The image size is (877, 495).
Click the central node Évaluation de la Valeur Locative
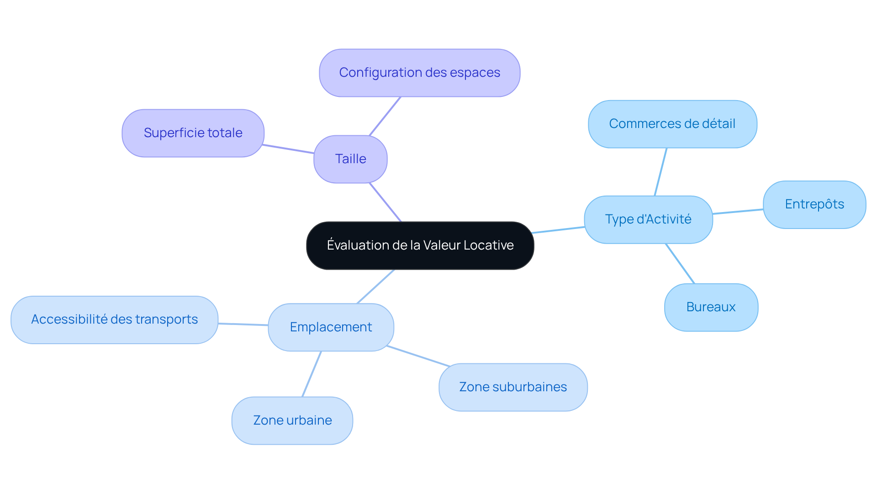[420, 245]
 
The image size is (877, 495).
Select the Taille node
[350, 159]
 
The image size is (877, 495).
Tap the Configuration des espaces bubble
[419, 73]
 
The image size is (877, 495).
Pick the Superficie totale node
[193, 133]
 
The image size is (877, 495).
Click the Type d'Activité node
[648, 219]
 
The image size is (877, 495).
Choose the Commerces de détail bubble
[672, 124]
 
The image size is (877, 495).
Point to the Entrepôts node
[814, 204]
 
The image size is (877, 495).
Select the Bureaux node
[711, 307]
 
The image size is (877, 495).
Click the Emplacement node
[331, 327]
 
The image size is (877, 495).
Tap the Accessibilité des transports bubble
[114, 319]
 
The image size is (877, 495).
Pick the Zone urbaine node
[292, 420]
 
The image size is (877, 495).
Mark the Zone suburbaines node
[512, 387]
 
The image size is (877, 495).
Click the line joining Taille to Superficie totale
[289, 149]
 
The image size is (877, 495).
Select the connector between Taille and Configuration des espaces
[385, 116]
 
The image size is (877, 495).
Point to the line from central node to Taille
[385, 202]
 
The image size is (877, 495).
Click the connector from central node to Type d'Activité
[559, 230]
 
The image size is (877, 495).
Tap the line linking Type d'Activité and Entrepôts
[738, 212]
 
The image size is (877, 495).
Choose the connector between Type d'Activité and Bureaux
[680, 264]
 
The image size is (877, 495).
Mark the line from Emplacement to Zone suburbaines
[418, 356]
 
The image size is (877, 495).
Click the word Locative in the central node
[488, 245]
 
